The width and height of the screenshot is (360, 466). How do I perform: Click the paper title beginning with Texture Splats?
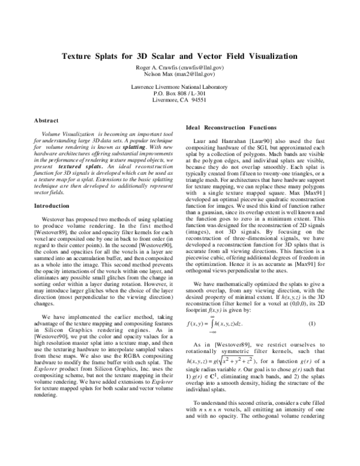[x=180, y=56]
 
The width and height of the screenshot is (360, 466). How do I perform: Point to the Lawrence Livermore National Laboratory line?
[x=180, y=87]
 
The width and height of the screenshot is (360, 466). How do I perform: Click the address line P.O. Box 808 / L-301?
[x=180, y=94]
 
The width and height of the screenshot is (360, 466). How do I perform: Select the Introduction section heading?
[x=53, y=189]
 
